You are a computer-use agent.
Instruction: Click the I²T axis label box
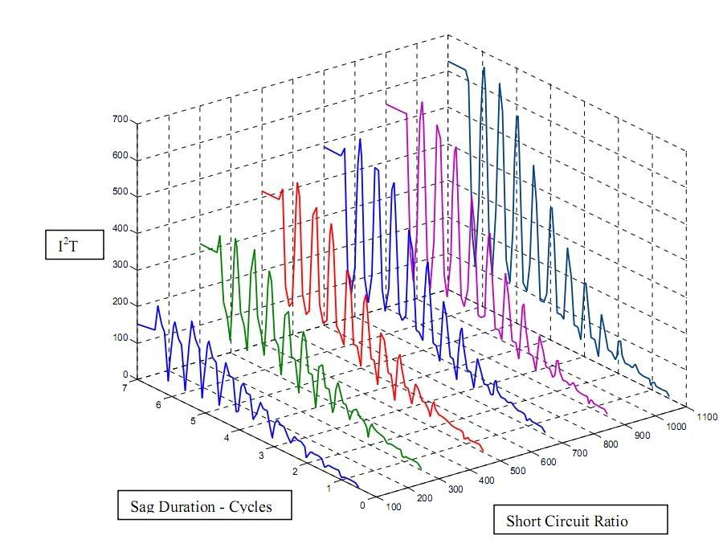(x=74, y=246)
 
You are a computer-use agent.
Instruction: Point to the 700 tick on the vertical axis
(x=120, y=119)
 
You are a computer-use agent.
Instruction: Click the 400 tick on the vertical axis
(x=120, y=230)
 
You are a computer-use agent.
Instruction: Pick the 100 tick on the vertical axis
(x=120, y=338)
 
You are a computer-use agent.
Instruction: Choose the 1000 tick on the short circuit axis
(x=676, y=427)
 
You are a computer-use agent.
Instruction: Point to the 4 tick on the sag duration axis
(x=227, y=438)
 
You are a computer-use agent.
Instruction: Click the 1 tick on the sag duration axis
(x=329, y=489)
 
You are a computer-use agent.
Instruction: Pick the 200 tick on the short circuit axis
(x=424, y=497)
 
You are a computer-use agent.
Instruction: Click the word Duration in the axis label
(x=196, y=506)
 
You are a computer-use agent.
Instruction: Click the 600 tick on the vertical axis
(x=120, y=157)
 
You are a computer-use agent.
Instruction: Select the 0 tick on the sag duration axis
(x=362, y=505)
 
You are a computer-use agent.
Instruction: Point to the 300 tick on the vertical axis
(x=120, y=266)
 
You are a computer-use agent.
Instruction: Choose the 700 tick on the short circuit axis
(x=581, y=453)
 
